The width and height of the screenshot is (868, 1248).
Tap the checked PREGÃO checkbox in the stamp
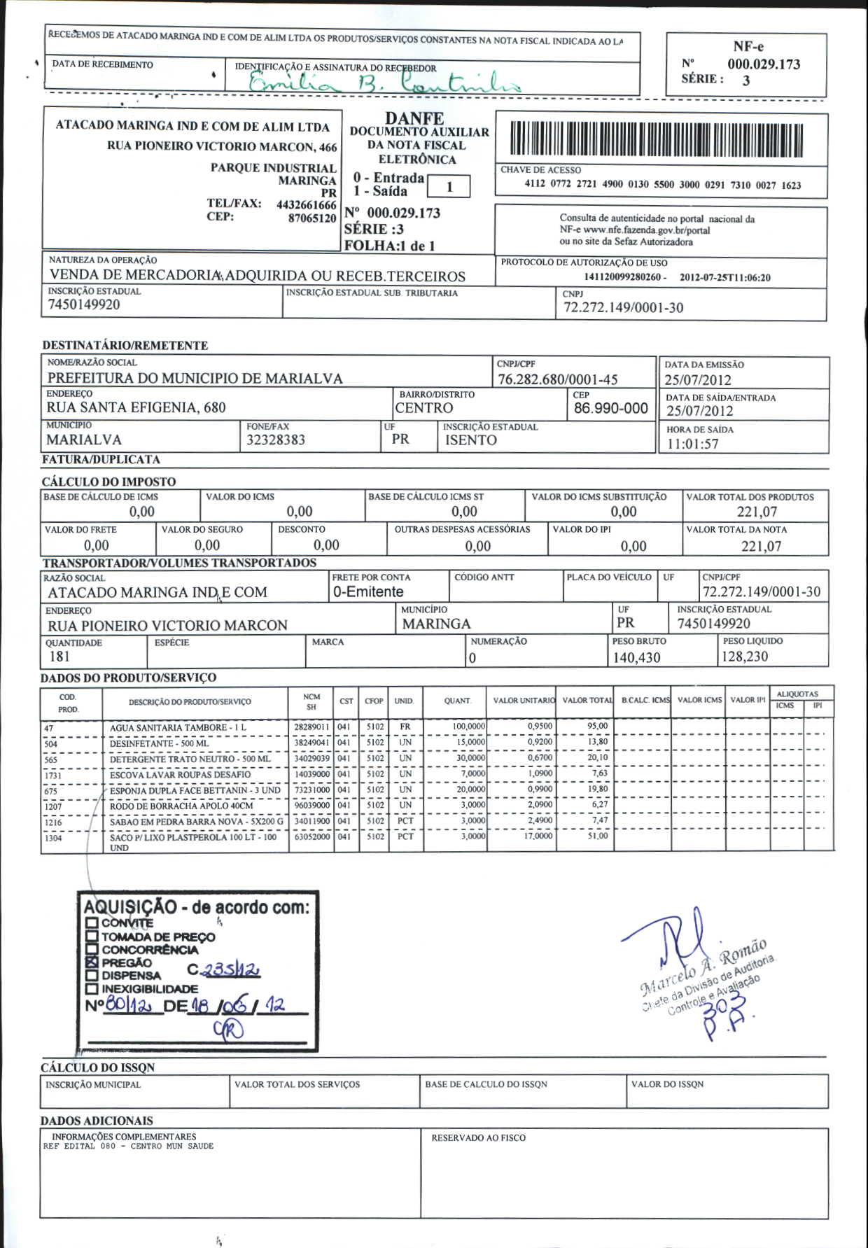point(92,962)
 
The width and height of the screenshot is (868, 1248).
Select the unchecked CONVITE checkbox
point(92,923)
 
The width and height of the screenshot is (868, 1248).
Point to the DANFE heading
point(414,119)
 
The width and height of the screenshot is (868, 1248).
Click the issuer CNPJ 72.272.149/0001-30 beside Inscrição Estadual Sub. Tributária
point(623,308)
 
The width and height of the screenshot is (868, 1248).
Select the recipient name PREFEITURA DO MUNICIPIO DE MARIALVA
point(195,379)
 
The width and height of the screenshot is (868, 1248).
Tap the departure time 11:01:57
point(692,444)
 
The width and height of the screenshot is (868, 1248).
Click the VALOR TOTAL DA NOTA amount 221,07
point(761,547)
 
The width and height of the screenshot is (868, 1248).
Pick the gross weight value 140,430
point(636,658)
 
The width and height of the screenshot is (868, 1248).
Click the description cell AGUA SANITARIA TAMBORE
point(178,727)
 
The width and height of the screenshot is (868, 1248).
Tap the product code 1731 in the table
point(53,776)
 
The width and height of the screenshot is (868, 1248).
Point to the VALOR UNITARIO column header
point(524,701)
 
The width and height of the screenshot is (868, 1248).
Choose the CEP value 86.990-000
point(610,409)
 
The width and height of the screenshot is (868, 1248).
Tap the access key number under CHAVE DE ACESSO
point(662,185)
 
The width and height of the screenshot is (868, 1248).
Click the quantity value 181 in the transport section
point(59,657)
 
